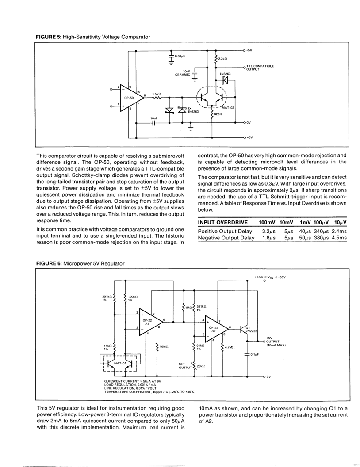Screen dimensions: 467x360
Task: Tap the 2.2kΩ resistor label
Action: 223,58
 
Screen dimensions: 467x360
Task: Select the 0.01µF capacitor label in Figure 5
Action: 179,57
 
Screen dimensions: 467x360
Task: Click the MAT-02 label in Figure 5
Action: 230,107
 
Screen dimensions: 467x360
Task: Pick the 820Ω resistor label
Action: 218,114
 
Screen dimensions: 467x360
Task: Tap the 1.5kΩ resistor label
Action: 157,94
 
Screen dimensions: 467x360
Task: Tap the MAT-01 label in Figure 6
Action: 121,363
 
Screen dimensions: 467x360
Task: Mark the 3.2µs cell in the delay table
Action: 269,231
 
